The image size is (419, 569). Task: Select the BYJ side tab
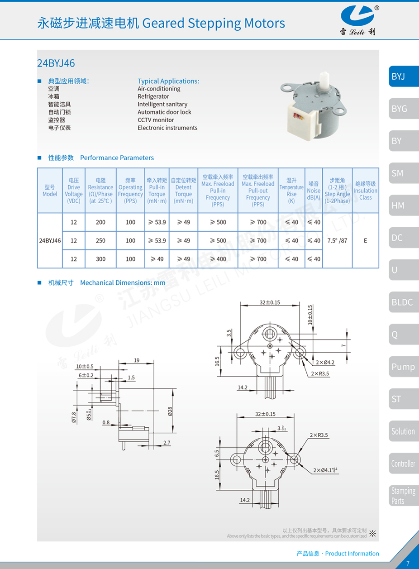[403, 77]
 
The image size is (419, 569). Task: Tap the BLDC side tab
[403, 302]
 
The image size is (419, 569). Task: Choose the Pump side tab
[403, 367]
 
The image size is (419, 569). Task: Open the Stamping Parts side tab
[403, 496]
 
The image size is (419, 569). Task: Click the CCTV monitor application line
[156, 120]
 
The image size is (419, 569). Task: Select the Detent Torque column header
[183, 191]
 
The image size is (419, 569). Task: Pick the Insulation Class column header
[365, 191]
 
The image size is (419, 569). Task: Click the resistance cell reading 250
[100, 241]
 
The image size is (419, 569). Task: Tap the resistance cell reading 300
[100, 259]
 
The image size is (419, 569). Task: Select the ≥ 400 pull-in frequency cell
[218, 259]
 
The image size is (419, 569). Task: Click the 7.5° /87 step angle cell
[337, 241]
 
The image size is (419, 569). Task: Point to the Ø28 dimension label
[170, 411]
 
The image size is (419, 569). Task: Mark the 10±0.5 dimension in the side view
[85, 366]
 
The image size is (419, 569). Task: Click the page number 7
[408, 564]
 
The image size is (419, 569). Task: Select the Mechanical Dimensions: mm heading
[123, 283]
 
